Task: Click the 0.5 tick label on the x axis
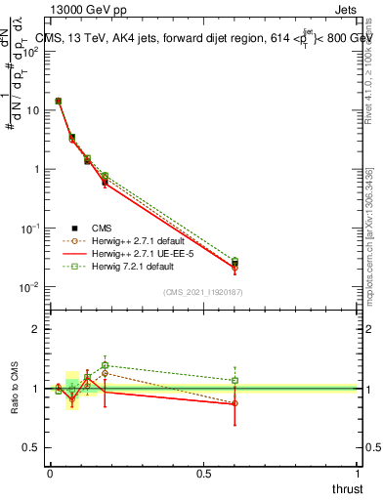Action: coord(204,473)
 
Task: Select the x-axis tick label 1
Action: coord(358,473)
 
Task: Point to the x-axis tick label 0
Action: coord(50,473)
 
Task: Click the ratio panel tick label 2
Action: coord(36,329)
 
